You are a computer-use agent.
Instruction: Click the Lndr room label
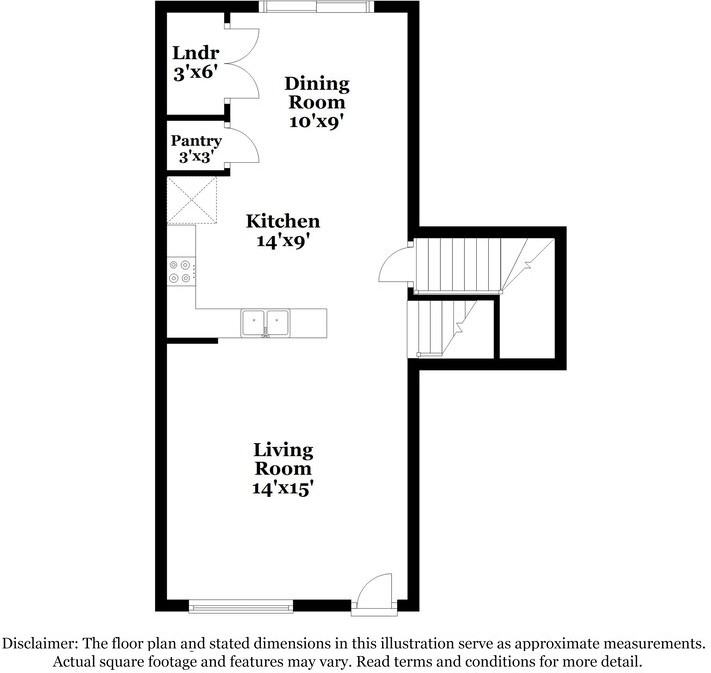pyautogui.click(x=196, y=53)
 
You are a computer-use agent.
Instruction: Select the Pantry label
pyautogui.click(x=196, y=141)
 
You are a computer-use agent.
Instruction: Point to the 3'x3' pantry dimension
pyautogui.click(x=196, y=157)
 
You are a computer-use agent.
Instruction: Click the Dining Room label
pyautogui.click(x=317, y=93)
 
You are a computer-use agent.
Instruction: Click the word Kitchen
pyautogui.click(x=283, y=221)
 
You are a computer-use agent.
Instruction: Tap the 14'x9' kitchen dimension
pyautogui.click(x=283, y=240)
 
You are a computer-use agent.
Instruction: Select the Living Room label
pyautogui.click(x=283, y=459)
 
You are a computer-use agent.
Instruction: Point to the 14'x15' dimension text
pyautogui.click(x=283, y=488)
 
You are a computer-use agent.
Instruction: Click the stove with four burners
pyautogui.click(x=181, y=271)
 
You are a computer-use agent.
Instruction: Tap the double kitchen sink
pyautogui.click(x=265, y=322)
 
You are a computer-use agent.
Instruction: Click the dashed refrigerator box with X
pyautogui.click(x=192, y=200)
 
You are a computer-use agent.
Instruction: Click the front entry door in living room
pyautogui.click(x=374, y=591)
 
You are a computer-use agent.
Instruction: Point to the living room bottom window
pyautogui.click(x=241, y=606)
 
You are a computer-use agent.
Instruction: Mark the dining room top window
pyautogui.click(x=317, y=6)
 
